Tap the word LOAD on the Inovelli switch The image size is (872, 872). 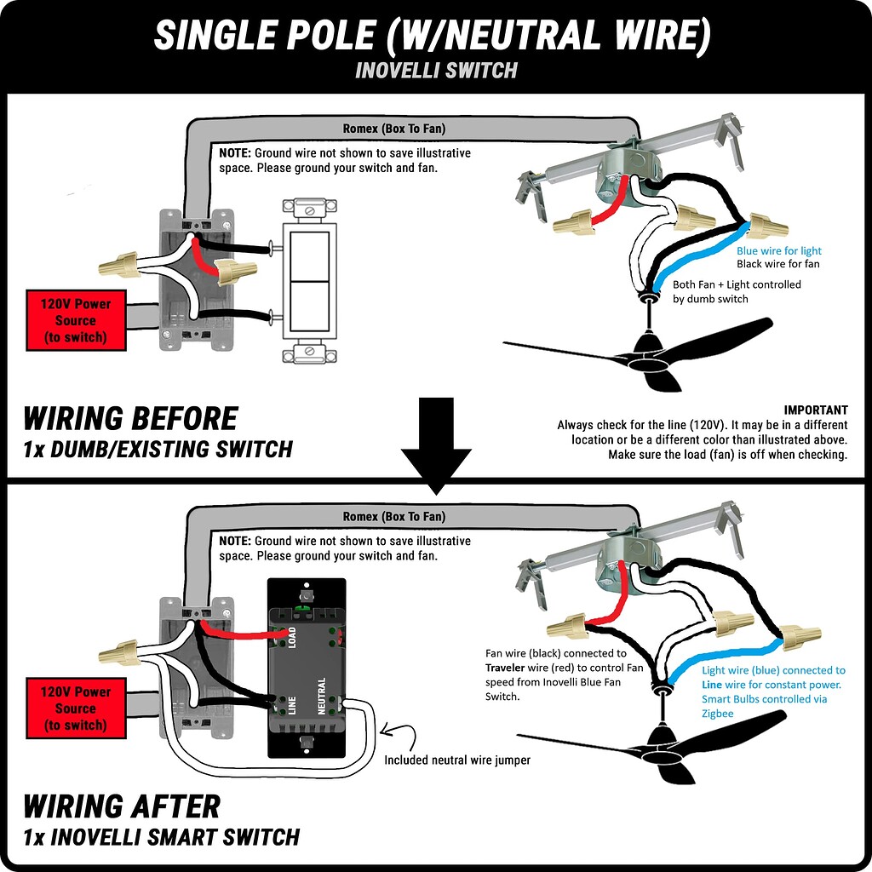(291, 638)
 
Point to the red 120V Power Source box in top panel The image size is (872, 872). (76, 320)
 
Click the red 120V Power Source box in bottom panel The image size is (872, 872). (76, 708)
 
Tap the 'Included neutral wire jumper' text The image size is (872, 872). (456, 760)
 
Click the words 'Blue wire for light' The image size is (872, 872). (778, 251)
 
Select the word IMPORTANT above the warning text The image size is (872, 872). (815, 410)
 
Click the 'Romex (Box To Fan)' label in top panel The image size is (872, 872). (393, 129)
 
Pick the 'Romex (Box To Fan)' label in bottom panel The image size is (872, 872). (393, 517)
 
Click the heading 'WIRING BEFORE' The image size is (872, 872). (130, 418)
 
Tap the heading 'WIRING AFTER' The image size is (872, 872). (122, 806)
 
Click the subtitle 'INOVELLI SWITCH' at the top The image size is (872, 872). (436, 70)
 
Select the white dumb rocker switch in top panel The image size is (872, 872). (309, 282)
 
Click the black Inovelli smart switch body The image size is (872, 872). (307, 668)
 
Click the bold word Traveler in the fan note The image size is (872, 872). (512, 668)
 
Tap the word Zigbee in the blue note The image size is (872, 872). (717, 714)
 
